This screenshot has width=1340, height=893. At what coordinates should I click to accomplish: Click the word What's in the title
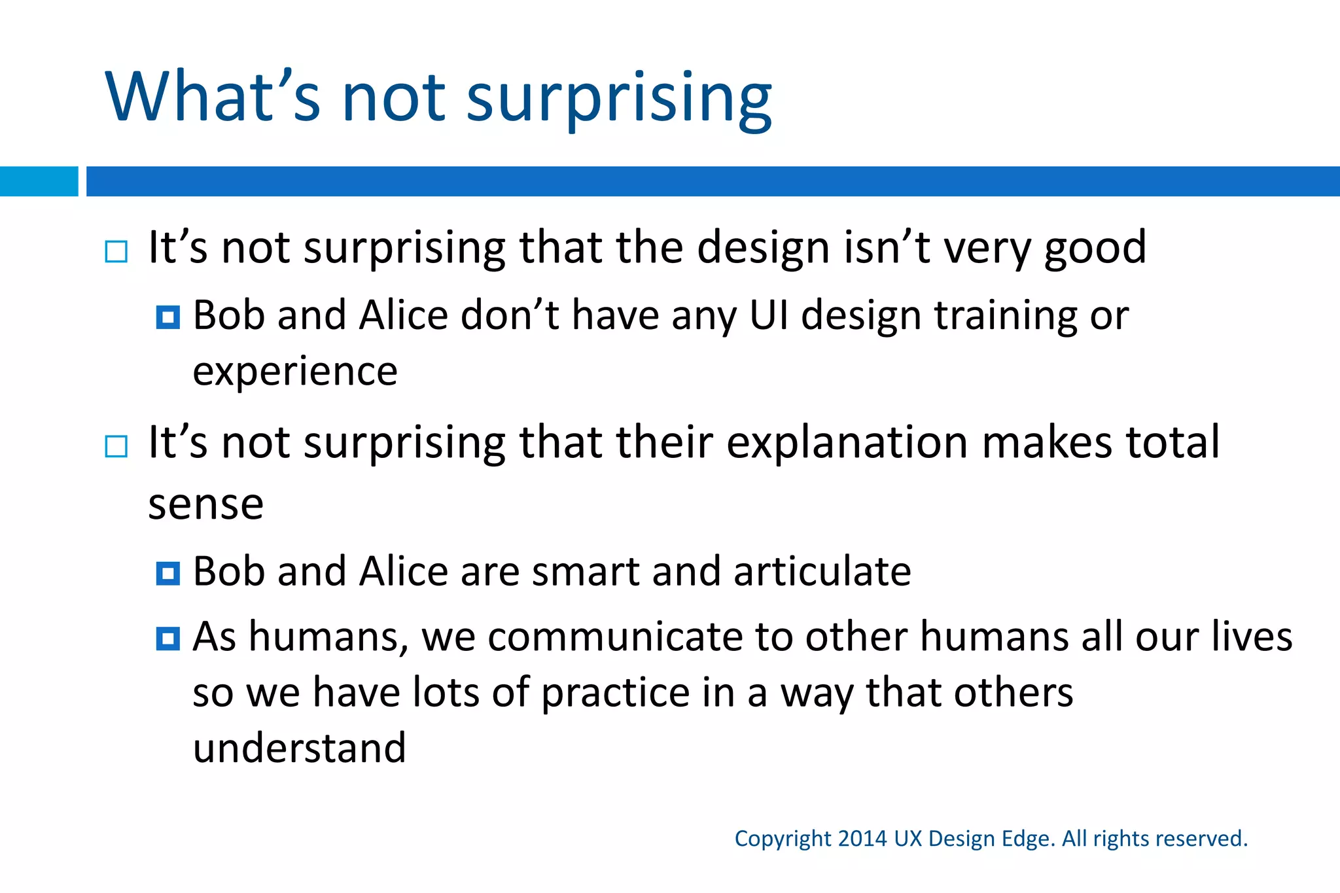213,97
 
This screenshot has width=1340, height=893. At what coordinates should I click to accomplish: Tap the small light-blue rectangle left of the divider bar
39,181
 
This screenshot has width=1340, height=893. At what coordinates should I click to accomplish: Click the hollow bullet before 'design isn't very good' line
116,251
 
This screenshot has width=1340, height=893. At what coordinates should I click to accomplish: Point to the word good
1095,249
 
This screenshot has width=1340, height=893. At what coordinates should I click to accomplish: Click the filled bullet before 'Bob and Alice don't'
168,317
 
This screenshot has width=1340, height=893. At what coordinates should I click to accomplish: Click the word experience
295,372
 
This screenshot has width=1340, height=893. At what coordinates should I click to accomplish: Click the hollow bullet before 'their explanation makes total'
116,447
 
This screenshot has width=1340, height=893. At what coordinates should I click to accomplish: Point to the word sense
205,504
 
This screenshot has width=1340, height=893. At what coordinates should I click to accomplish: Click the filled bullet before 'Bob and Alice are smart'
168,574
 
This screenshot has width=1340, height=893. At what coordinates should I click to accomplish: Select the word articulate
822,572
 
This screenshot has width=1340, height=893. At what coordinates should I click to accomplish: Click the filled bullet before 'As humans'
168,639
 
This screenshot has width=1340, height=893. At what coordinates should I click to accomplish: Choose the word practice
615,693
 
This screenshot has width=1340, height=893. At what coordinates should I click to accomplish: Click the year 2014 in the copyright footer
862,839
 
